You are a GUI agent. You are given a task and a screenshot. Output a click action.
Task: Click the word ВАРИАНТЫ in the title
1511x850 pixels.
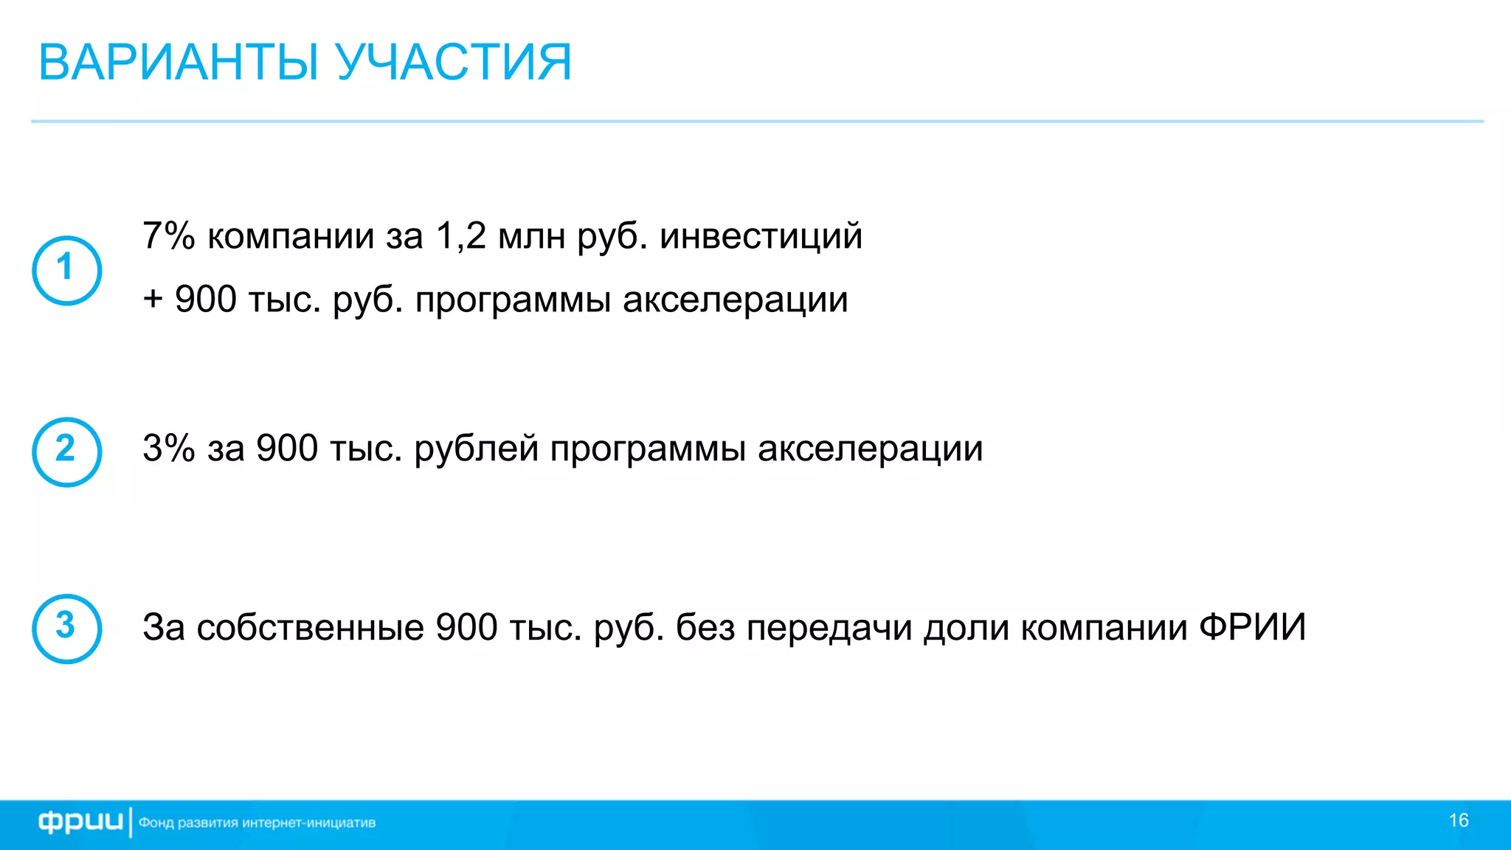pyautogui.click(x=179, y=62)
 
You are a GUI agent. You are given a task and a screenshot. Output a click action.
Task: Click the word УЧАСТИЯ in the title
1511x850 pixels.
pyautogui.click(x=454, y=62)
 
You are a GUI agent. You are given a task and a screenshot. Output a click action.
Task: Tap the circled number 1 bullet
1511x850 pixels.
pyautogui.click(x=66, y=270)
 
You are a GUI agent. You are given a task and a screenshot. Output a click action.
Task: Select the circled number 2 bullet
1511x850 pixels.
pyautogui.click(x=66, y=452)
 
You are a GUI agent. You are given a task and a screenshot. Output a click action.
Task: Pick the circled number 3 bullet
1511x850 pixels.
pyautogui.click(x=66, y=628)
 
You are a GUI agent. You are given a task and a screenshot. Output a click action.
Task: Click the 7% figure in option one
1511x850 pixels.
pyautogui.click(x=168, y=236)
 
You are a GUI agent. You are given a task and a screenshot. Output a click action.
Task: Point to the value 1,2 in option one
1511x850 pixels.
pyautogui.click(x=461, y=236)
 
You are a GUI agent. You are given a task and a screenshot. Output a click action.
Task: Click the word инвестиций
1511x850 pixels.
pyautogui.click(x=761, y=236)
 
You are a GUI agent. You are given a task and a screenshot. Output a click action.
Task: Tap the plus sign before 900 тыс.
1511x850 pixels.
pyautogui.click(x=153, y=300)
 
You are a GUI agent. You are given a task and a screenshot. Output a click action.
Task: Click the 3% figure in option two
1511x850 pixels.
pyautogui.click(x=168, y=448)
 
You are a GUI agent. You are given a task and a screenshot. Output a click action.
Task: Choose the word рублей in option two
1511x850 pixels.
pyautogui.click(x=476, y=448)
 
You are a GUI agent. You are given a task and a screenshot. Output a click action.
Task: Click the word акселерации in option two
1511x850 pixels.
pyautogui.click(x=870, y=448)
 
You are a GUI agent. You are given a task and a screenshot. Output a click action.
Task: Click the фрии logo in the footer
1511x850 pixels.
pyautogui.click(x=80, y=822)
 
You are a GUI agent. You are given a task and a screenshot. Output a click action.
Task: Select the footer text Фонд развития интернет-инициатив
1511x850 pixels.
pyautogui.click(x=257, y=823)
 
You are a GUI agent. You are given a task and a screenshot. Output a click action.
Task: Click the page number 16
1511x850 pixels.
pyautogui.click(x=1459, y=820)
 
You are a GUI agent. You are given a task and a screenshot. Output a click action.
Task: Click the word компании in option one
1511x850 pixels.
pyautogui.click(x=291, y=236)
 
